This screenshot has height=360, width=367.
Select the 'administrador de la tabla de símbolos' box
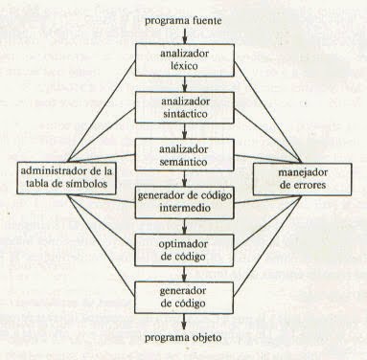(x=66, y=177)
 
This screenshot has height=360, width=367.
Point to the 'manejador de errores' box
(x=301, y=177)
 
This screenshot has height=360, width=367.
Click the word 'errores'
(x=301, y=185)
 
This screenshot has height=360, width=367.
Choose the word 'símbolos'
(x=88, y=185)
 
